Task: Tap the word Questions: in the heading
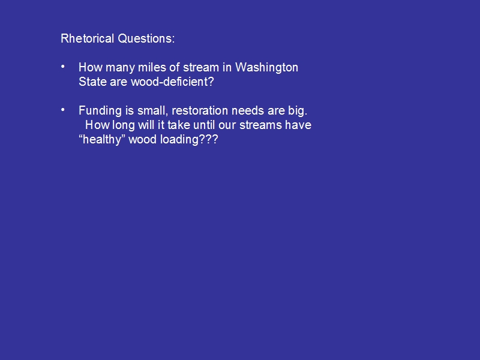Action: coord(146,38)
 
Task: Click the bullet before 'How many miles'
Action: coord(63,66)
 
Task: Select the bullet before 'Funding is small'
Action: coord(63,109)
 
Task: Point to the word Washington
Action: coord(266,68)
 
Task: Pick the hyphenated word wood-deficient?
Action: coord(172,82)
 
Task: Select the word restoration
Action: coord(200,110)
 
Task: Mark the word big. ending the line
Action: coord(298,111)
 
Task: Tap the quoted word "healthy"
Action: coord(102,140)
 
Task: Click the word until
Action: coord(204,125)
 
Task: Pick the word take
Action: coord(178,125)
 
